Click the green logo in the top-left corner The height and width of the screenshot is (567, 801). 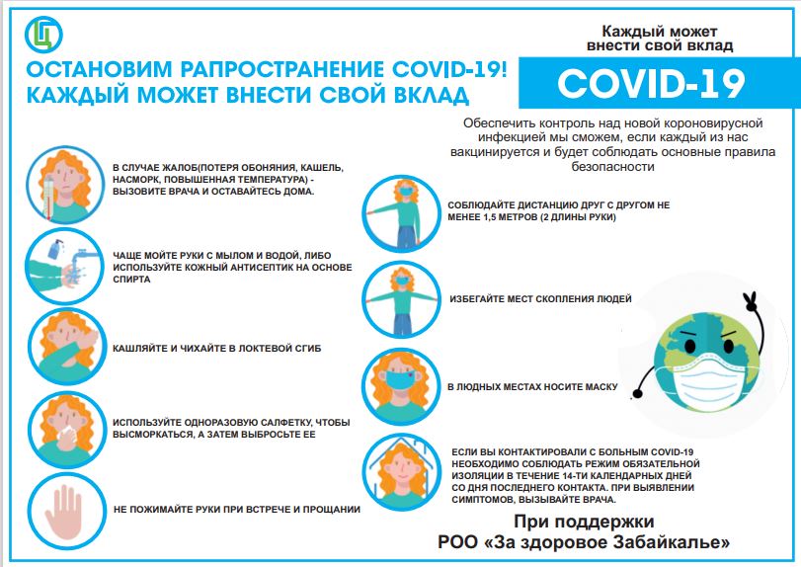coord(43,35)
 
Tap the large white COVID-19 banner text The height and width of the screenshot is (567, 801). coord(651,83)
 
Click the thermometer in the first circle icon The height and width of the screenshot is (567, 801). coord(48,198)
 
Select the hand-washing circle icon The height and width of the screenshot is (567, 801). coord(65,266)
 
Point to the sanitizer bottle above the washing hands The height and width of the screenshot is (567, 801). coord(55,248)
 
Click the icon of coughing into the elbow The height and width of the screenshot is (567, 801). coord(67,347)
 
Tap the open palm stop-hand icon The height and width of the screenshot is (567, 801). coord(63,512)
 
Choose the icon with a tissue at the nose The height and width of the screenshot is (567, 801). coord(67,430)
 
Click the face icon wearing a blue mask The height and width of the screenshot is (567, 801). coord(401,386)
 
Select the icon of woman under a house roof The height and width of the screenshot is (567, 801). coord(402,471)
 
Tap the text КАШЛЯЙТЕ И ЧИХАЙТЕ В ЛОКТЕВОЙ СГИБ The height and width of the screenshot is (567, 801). coord(217,349)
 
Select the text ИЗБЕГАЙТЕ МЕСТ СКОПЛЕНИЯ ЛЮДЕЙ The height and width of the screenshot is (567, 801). coord(540,299)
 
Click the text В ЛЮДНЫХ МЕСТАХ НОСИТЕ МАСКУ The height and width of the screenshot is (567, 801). coord(532,386)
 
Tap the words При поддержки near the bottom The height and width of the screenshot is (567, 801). coord(584,522)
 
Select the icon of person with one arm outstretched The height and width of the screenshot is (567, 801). coord(401,213)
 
